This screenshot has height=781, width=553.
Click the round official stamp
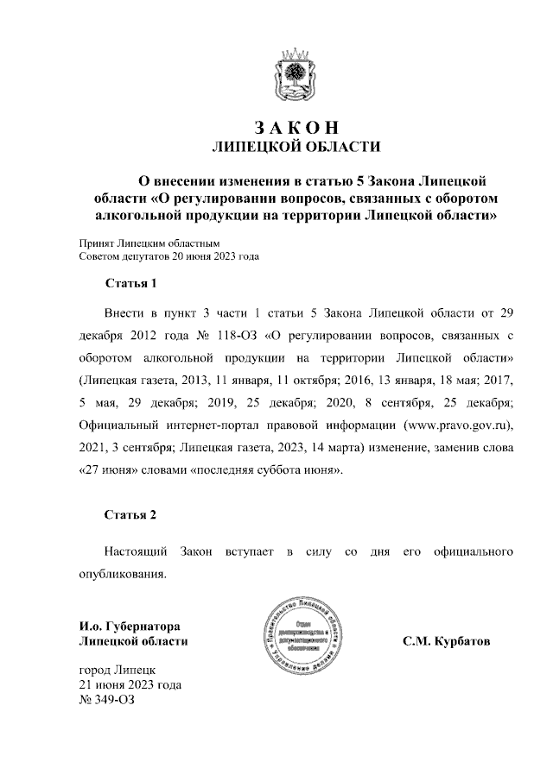click(x=296, y=639)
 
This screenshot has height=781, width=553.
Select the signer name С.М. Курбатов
click(x=445, y=642)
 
